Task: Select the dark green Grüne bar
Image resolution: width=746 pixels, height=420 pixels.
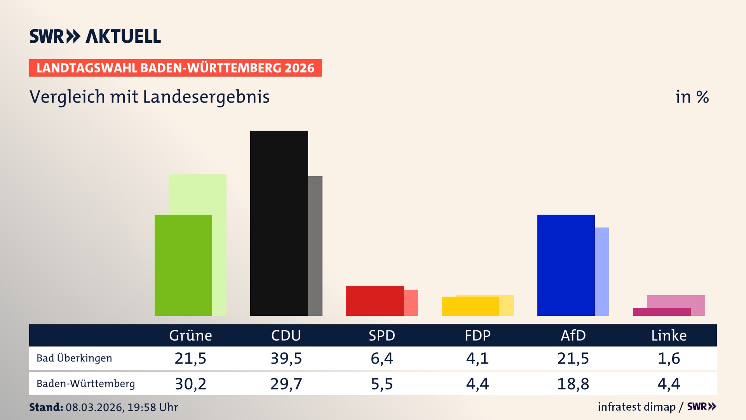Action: pyautogui.click(x=183, y=265)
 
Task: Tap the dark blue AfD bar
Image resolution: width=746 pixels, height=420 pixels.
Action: pyautogui.click(x=566, y=265)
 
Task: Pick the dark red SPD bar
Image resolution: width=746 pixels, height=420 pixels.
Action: pyautogui.click(x=374, y=301)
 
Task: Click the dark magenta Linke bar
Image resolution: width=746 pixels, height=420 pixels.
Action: pyautogui.click(x=661, y=312)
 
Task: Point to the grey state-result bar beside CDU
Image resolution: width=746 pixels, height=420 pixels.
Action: pyautogui.click(x=315, y=246)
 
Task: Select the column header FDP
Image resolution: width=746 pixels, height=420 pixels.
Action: pyautogui.click(x=478, y=335)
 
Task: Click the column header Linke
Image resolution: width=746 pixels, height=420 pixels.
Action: pyautogui.click(x=669, y=335)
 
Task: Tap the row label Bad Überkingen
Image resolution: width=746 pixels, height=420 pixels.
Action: pyautogui.click(x=74, y=358)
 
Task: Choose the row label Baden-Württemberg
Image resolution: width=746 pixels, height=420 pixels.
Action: pyautogui.click(x=85, y=384)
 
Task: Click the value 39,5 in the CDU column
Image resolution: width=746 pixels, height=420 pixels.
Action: pyautogui.click(x=286, y=358)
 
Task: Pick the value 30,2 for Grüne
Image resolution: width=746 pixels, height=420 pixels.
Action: pyautogui.click(x=190, y=384)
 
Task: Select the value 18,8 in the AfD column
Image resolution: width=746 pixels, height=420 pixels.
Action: pyautogui.click(x=573, y=384)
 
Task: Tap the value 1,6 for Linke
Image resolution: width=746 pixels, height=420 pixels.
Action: pyautogui.click(x=669, y=358)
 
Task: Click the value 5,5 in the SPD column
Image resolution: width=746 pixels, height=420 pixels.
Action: pyautogui.click(x=382, y=384)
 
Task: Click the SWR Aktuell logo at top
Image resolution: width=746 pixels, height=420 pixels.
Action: pyautogui.click(x=95, y=36)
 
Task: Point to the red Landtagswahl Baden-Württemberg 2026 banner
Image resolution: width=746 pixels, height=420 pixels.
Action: pyautogui.click(x=175, y=68)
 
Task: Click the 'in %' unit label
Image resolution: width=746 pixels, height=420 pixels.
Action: pyautogui.click(x=692, y=97)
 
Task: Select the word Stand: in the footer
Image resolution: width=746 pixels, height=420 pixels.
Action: pyautogui.click(x=46, y=407)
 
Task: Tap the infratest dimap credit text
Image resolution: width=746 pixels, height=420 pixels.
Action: pyautogui.click(x=636, y=407)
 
